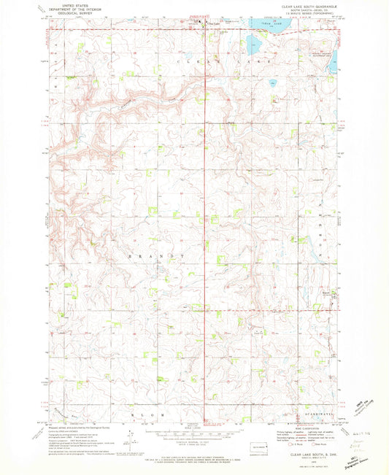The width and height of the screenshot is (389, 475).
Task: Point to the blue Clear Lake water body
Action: [271, 31]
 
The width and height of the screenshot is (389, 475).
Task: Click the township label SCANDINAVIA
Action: [315, 415]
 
